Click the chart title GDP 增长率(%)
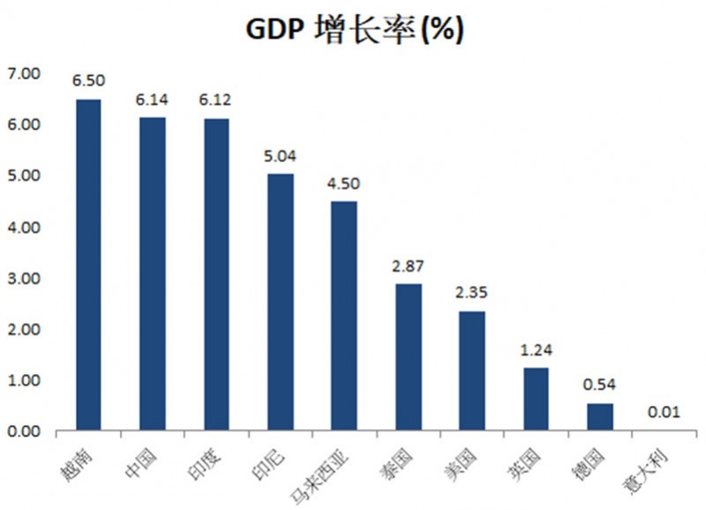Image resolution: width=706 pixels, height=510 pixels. (x=353, y=29)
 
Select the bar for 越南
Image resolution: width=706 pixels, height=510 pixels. (x=88, y=265)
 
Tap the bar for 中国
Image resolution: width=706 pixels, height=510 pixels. (x=152, y=274)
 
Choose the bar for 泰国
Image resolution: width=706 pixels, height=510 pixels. (x=408, y=357)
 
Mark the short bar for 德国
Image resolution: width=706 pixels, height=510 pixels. (x=600, y=416)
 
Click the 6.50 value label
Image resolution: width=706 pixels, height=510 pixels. (x=88, y=80)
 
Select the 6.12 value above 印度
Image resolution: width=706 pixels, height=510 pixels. (x=216, y=101)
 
